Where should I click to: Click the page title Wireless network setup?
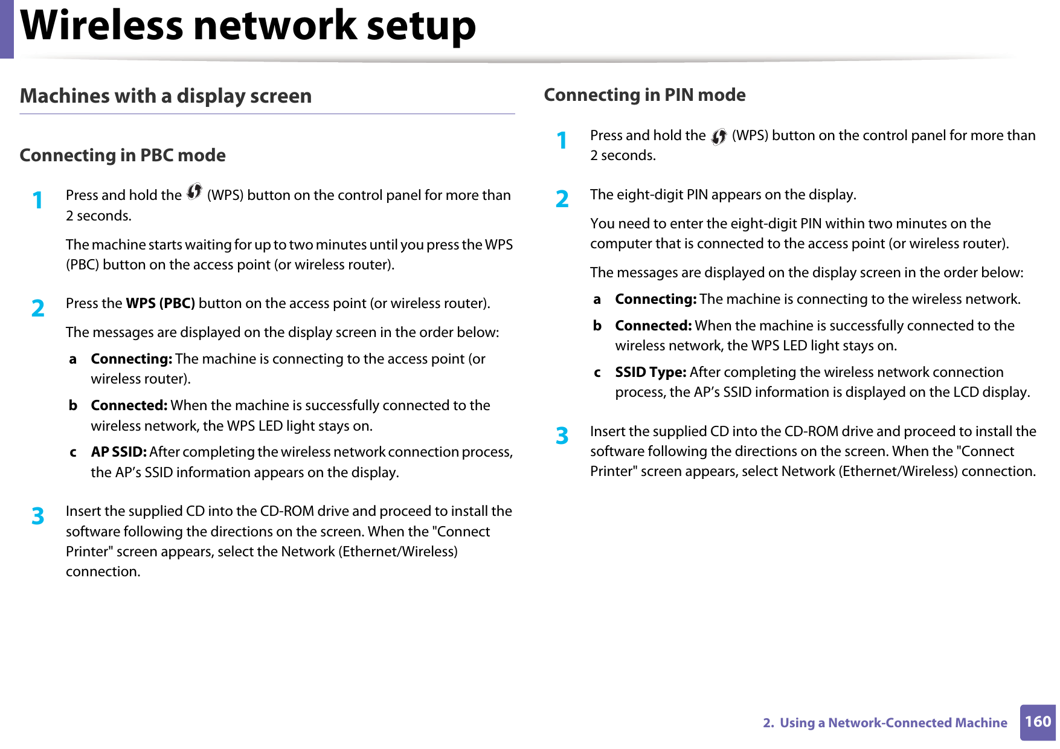[x=248, y=27]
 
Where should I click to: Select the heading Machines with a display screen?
[x=165, y=96]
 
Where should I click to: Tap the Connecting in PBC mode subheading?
[x=123, y=155]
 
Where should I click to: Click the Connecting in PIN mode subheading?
[x=644, y=95]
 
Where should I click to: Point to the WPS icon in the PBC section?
[x=194, y=192]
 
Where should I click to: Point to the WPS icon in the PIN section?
[x=718, y=137]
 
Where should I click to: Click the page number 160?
[x=1037, y=722]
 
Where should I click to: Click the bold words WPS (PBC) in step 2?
[x=160, y=303]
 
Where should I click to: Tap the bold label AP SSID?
[x=118, y=452]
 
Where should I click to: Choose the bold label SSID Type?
[x=650, y=372]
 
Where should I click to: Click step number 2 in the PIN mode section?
[x=562, y=199]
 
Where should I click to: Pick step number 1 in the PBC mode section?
[x=38, y=200]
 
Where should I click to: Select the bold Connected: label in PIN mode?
[x=652, y=326]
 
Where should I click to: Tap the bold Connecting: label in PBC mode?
[x=131, y=359]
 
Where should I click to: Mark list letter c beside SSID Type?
[x=597, y=372]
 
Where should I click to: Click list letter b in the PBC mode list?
[x=72, y=405]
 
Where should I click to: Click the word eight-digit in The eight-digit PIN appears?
[x=649, y=194]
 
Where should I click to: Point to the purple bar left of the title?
[x=6, y=28]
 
